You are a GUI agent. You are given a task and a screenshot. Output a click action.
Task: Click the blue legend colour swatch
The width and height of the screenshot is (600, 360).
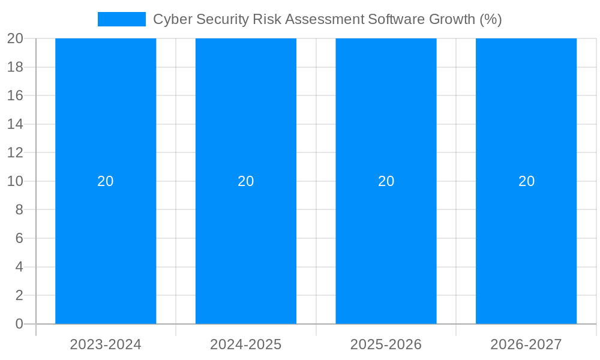click(x=122, y=19)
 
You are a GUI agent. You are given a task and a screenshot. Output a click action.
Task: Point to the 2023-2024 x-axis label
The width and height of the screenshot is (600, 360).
click(x=106, y=344)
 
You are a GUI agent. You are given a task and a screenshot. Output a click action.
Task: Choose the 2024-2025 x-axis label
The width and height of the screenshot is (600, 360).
click(x=246, y=344)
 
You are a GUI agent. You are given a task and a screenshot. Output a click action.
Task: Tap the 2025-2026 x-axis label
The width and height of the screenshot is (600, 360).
click(x=386, y=344)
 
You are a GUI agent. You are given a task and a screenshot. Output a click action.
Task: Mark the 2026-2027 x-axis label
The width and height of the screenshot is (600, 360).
click(x=526, y=344)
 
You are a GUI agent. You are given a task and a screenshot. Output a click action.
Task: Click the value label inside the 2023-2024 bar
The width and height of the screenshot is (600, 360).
click(x=106, y=181)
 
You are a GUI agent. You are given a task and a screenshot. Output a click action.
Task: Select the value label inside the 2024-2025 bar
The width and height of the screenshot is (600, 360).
click(x=246, y=181)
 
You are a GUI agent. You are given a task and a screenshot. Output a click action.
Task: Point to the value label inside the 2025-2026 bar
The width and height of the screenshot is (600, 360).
click(x=386, y=181)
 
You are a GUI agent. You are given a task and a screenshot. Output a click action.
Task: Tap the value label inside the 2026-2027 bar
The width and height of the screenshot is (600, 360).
click(x=526, y=181)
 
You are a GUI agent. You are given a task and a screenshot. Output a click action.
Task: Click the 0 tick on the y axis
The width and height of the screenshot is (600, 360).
click(x=19, y=324)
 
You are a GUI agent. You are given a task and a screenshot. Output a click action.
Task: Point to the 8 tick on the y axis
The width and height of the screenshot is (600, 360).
click(x=19, y=210)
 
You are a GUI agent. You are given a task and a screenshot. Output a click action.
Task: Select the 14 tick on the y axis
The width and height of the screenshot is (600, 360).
click(x=15, y=124)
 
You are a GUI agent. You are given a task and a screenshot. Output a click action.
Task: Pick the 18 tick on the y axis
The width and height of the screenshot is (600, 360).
click(x=15, y=67)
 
